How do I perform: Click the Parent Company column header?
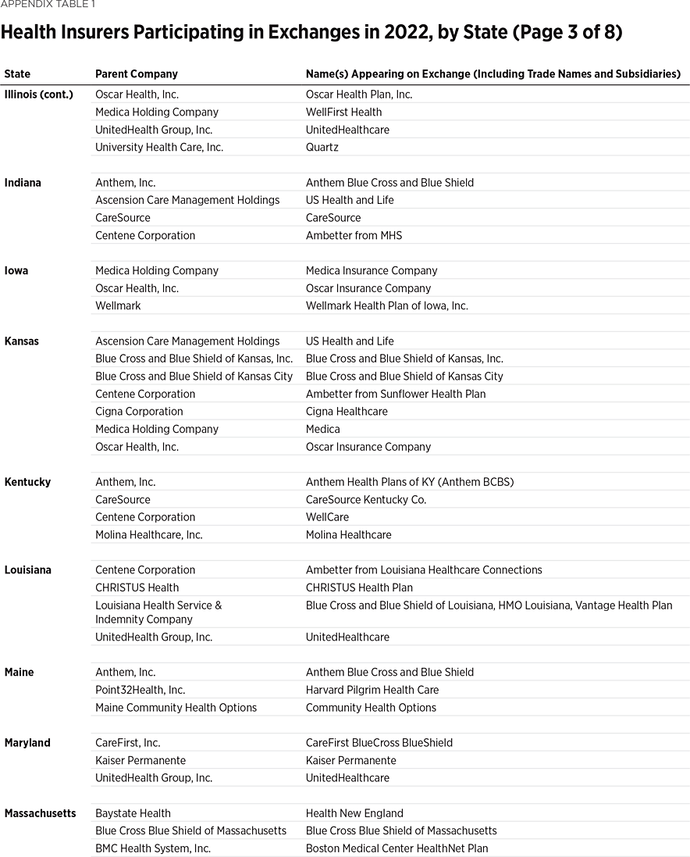point(137,74)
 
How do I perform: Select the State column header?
point(17,74)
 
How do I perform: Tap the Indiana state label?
point(23,183)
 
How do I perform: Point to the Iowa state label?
point(16,271)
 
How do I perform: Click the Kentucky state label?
point(27,482)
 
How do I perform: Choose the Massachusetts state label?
point(40,813)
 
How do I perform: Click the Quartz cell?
point(322,148)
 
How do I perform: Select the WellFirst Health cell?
point(343,112)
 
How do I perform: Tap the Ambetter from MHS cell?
point(354,236)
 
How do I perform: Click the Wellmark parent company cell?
point(118,306)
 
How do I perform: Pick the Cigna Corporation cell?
point(139,412)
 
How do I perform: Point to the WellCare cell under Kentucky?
point(327,517)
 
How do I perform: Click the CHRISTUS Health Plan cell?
point(359,587)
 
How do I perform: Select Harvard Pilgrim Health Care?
point(372,690)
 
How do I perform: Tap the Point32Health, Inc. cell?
point(140,690)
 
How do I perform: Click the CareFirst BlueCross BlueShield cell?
point(379,743)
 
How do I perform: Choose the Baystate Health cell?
point(133,813)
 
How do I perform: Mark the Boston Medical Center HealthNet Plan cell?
point(397,848)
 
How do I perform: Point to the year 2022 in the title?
point(397,33)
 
